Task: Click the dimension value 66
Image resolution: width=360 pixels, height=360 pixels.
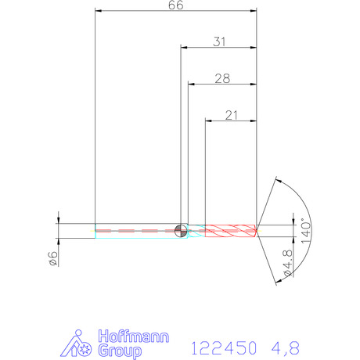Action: point(176,5)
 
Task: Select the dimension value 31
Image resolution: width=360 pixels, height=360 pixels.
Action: point(219,41)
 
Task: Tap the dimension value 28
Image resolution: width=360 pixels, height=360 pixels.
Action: point(222,78)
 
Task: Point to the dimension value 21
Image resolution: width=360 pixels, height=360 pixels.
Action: point(232,115)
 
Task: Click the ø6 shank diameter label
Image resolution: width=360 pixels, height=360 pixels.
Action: point(53,258)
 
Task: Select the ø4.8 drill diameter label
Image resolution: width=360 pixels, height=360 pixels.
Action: point(288,263)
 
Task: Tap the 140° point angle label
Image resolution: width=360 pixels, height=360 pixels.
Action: point(306,231)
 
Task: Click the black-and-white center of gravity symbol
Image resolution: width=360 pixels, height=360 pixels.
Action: point(181,231)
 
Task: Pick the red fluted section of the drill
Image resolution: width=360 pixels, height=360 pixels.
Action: point(231,231)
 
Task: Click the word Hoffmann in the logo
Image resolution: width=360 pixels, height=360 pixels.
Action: point(134,337)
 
